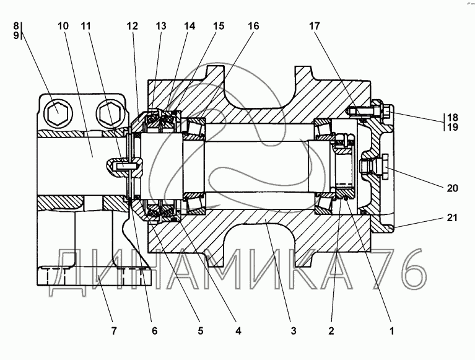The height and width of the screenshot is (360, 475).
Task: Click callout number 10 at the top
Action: (x=63, y=26)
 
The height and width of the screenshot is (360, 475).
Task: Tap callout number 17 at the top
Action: (x=314, y=26)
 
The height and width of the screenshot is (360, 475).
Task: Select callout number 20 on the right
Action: (x=452, y=188)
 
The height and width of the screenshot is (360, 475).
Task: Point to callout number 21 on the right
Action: (x=452, y=217)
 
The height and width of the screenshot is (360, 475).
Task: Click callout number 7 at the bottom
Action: (x=113, y=331)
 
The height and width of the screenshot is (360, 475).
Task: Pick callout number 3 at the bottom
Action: (x=294, y=331)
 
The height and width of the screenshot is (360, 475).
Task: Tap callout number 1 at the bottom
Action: (x=391, y=331)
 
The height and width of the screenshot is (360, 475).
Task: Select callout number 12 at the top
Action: (x=133, y=26)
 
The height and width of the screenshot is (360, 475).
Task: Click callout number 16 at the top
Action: (x=253, y=26)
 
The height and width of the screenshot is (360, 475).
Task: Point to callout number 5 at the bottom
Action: (x=201, y=331)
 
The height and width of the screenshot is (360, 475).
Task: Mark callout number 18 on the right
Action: (x=452, y=117)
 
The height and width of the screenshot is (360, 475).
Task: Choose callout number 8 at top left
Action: (x=16, y=25)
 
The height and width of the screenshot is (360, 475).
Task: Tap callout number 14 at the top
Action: (x=190, y=26)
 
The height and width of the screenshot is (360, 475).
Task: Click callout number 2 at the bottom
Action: (x=331, y=331)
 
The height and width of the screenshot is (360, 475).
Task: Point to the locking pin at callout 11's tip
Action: (x=124, y=166)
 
